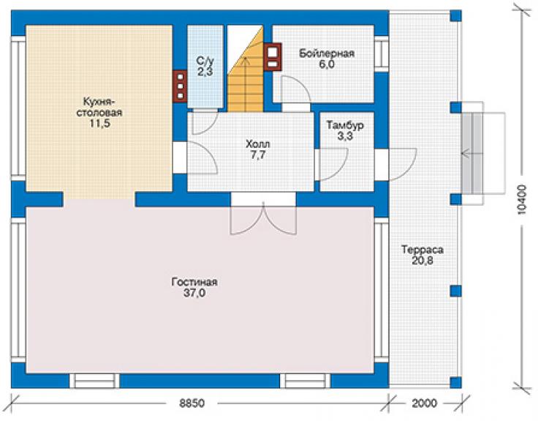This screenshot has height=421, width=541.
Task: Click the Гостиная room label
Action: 194,282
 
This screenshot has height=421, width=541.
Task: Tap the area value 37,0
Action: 194,293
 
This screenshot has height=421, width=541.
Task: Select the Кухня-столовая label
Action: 99,107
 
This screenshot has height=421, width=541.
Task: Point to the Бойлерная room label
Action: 326,53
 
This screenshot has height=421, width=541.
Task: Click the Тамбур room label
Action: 345,124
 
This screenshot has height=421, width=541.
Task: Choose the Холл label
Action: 258,144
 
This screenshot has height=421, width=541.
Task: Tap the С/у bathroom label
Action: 205,61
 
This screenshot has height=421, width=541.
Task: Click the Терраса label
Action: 423,249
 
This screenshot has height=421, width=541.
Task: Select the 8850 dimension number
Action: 192,403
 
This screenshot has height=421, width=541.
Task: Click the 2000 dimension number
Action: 424,403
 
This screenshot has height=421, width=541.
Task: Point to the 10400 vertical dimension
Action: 522,199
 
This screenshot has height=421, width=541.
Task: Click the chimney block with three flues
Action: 180,86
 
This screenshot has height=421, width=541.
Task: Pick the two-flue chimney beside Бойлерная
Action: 273,56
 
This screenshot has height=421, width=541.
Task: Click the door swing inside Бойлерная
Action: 295,89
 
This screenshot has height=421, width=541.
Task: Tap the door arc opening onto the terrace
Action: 403,165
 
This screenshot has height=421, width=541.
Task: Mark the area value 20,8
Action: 423,261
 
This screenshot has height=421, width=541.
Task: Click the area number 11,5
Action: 99,124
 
